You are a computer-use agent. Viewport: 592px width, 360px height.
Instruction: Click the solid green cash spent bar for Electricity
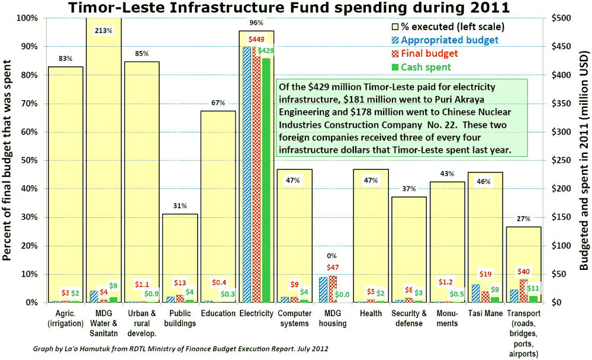point(266,178)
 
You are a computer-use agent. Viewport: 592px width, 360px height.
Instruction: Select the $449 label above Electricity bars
point(256,40)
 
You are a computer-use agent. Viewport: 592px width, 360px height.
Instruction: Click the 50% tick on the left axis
point(30,160)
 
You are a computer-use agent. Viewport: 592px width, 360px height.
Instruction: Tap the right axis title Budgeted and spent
point(583,160)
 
